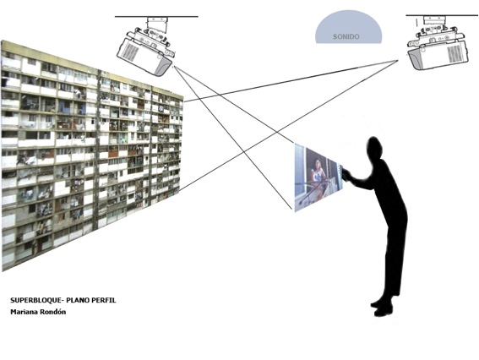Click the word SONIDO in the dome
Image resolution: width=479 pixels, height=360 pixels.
click(346, 36)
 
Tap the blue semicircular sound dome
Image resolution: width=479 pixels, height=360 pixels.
click(349, 27)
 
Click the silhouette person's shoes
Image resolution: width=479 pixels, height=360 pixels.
click(382, 307)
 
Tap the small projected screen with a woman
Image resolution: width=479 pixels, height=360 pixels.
click(318, 177)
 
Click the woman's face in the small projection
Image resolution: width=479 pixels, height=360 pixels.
click(318, 162)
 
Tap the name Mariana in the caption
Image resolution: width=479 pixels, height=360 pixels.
click(23, 312)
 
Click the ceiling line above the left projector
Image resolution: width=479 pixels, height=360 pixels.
click(156, 17)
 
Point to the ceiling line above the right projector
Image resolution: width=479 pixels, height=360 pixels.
click(442, 15)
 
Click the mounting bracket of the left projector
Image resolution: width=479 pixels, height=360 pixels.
click(157, 25)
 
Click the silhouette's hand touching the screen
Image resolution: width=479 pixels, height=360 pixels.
click(346, 174)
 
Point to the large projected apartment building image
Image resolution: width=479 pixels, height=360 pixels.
click(91, 155)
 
